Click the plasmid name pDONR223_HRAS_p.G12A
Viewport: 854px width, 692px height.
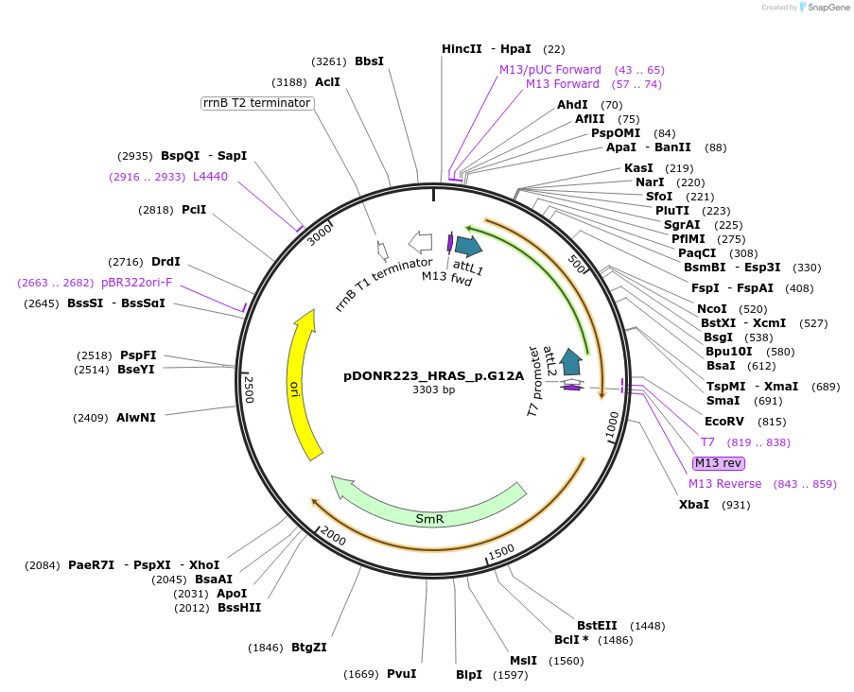coord(433,375)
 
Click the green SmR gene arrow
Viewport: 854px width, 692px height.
coord(430,511)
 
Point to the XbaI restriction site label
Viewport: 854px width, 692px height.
coord(694,505)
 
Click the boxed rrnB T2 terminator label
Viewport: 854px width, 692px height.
coord(257,103)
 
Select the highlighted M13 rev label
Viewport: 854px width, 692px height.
coord(718,463)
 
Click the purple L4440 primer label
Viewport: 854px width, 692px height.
coord(210,177)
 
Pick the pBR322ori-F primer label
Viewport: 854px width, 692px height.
coord(137,283)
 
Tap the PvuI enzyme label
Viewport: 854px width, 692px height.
coord(401,674)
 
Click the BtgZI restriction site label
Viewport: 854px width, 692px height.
coord(309,648)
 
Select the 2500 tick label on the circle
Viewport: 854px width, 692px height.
coord(250,389)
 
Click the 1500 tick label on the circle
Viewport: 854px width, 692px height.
coord(500,551)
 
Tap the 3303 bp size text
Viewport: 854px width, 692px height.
coord(433,389)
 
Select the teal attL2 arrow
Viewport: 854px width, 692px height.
coord(570,360)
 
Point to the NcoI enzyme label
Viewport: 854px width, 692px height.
coord(711,308)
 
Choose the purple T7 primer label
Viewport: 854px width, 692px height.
coord(707,442)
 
